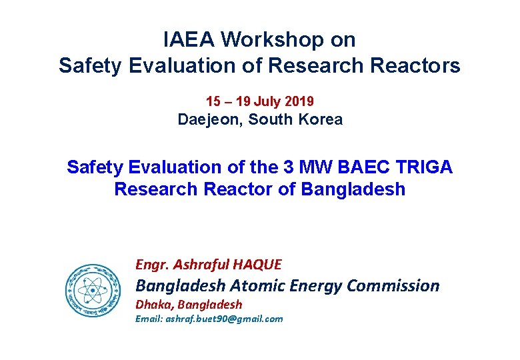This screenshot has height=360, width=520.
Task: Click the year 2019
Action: tap(299, 102)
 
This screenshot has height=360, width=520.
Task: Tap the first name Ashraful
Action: tap(198, 265)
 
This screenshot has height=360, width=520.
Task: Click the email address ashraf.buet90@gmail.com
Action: tap(209, 319)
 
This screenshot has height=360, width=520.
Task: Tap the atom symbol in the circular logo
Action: tap(93, 290)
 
